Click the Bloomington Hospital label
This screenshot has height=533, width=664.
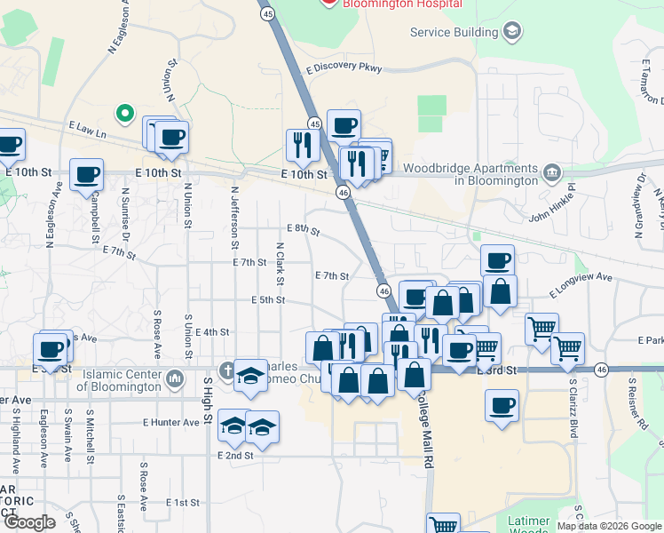tap(392, 4)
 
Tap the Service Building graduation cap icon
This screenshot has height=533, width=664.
tap(511, 33)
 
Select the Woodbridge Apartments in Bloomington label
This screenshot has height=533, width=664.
tap(470, 174)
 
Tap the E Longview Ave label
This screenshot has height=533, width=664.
tap(581, 284)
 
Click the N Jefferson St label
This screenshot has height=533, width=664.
tap(235, 217)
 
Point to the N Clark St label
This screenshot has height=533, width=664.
tap(280, 263)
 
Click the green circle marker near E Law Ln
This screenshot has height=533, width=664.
tap(125, 114)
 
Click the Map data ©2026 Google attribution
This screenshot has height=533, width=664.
tap(609, 526)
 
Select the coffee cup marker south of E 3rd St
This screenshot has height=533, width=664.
tap(502, 406)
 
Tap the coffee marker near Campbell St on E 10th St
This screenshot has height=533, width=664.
tap(86, 174)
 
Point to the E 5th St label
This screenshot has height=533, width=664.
tap(267, 300)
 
